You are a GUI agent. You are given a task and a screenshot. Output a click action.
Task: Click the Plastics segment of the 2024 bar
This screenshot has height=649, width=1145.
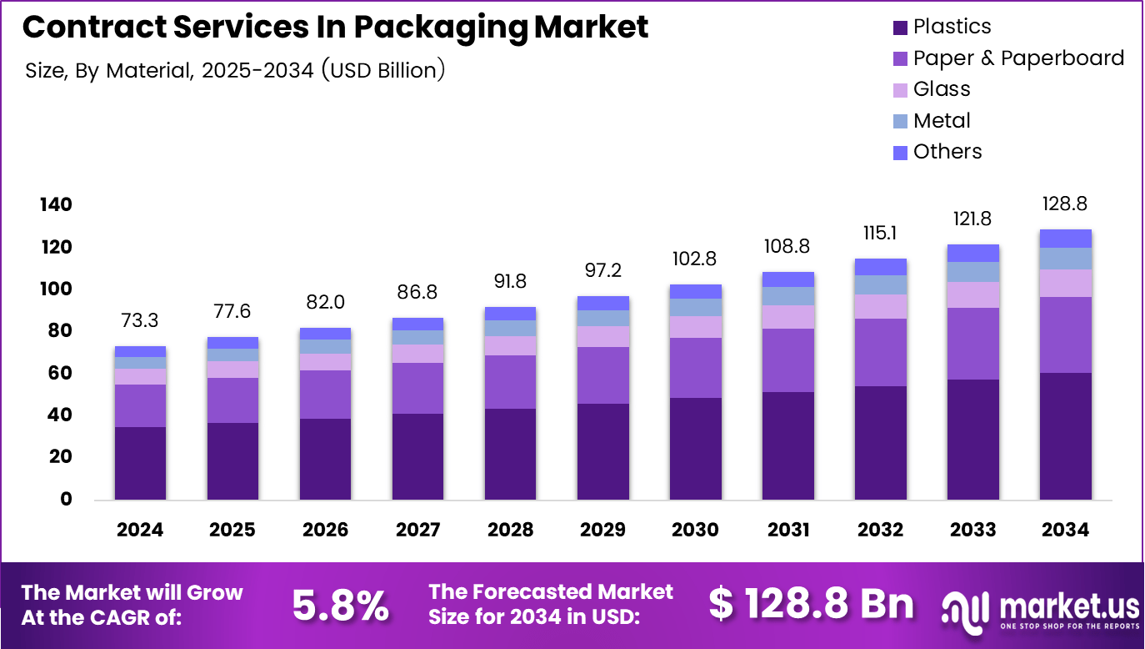[140, 463]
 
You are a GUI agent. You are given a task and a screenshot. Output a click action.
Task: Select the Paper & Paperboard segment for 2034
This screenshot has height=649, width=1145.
[1065, 335]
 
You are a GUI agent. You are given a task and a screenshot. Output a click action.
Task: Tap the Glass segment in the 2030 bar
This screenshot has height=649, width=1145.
[695, 326]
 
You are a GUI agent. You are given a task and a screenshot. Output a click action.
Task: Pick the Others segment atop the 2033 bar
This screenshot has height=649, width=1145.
[972, 253]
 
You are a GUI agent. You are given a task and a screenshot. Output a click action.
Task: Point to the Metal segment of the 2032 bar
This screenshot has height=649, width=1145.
[880, 284]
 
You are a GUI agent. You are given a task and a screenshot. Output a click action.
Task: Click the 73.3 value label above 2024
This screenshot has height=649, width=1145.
[140, 321]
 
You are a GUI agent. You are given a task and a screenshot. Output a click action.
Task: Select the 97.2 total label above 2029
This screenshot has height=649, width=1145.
[602, 270]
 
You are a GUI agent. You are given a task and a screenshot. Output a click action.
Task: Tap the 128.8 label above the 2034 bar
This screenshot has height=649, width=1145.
[1065, 204]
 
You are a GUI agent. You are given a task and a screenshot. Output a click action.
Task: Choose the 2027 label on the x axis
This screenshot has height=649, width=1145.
[418, 530]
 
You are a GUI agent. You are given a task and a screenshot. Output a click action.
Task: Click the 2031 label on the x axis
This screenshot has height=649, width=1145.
[787, 530]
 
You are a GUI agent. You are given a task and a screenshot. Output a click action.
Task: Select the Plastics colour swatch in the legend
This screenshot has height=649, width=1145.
[900, 28]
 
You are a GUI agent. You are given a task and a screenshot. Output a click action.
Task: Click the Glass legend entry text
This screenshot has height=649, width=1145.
[942, 89]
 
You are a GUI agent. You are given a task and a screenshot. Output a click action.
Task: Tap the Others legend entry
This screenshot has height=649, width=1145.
[947, 152]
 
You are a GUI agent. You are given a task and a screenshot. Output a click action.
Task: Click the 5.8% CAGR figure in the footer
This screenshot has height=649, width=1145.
[340, 606]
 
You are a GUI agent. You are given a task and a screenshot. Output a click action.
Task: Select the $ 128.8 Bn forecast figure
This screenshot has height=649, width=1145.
[811, 604]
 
